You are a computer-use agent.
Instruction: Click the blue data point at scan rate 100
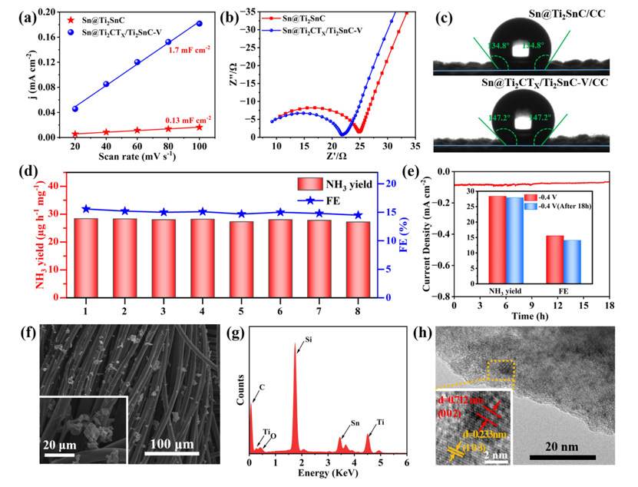(x=199, y=24)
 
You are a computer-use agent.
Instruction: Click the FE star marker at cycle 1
(x=85, y=209)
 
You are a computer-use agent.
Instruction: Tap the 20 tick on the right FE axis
(x=391, y=184)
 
